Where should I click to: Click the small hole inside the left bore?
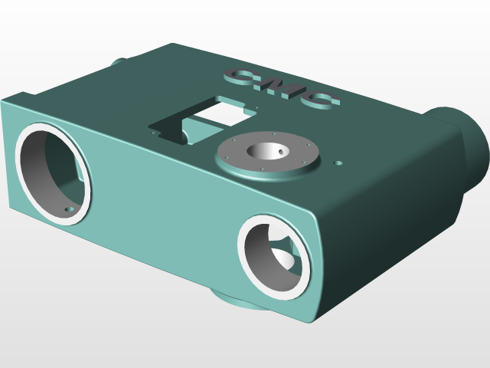point(70,207)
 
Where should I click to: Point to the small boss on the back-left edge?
point(119,61)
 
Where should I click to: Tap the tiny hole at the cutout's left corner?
point(156,133)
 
